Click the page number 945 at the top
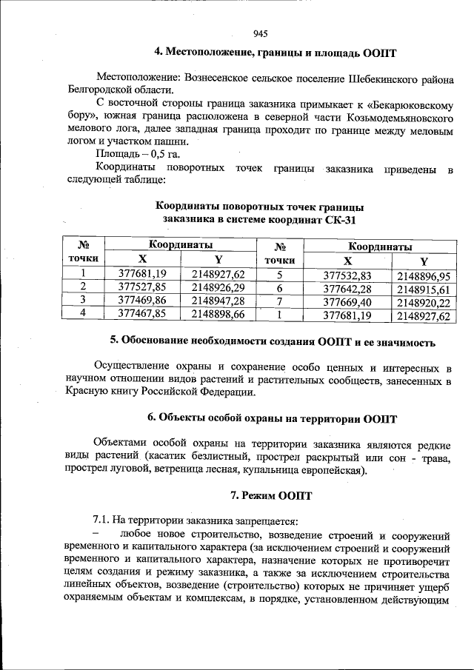pyautogui.click(x=259, y=33)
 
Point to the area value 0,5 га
pyautogui.click(x=164, y=154)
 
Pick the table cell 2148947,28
pyautogui.click(x=218, y=300)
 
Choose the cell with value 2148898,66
pyautogui.click(x=218, y=314)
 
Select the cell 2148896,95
pyautogui.click(x=424, y=276)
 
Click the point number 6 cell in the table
pyautogui.click(x=280, y=288)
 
